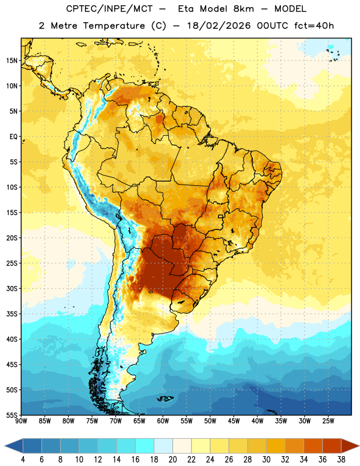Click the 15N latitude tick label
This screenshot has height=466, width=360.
pyautogui.click(x=12, y=61)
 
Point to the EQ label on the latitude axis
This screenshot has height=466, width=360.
pyautogui.click(x=13, y=137)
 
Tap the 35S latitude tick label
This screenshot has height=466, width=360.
pyautogui.click(x=12, y=314)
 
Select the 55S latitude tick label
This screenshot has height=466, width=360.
pyautogui.click(x=12, y=415)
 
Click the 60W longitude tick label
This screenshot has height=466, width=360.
pyautogui.click(x=163, y=421)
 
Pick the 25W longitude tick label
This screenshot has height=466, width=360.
pyautogui.click(x=328, y=421)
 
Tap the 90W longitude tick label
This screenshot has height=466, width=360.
pyautogui.click(x=22, y=421)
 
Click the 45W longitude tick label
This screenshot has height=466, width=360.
pyautogui.click(x=234, y=421)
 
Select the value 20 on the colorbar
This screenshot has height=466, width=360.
pyautogui.click(x=172, y=460)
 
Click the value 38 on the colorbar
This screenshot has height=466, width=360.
pyautogui.click(x=341, y=460)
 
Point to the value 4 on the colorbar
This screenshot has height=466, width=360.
pyautogui.click(x=23, y=460)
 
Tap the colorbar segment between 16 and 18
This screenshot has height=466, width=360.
pyautogui.click(x=145, y=446)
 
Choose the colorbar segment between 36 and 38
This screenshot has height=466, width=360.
pyautogui.click(x=332, y=446)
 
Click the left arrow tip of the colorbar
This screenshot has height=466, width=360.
pyautogui.click(x=5, y=446)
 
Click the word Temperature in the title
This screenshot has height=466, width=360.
pyautogui.click(x=114, y=26)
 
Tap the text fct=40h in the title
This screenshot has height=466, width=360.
pyautogui.click(x=314, y=26)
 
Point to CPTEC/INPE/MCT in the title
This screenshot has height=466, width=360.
pyautogui.click(x=110, y=9)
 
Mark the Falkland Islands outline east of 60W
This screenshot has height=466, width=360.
pyautogui.click(x=165, y=398)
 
